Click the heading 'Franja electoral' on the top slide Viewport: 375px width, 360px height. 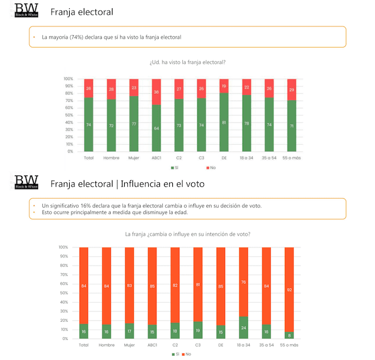(82, 12)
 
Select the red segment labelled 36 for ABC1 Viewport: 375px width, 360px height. (156, 92)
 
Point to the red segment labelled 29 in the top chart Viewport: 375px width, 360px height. (292, 89)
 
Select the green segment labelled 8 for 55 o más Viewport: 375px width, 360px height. (289, 335)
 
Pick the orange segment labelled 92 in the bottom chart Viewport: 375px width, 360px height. (289, 289)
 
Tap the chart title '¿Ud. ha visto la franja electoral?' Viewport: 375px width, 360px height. (187, 62)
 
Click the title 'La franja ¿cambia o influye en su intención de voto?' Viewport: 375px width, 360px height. (187, 234)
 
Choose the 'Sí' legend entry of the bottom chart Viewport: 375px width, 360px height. (175, 354)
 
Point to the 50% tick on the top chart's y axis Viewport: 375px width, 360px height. (69, 115)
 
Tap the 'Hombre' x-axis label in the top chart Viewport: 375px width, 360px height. (111, 158)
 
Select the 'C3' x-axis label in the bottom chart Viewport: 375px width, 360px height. (197, 345)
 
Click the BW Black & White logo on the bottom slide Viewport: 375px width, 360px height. (27, 182)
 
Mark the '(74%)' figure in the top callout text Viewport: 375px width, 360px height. (77, 37)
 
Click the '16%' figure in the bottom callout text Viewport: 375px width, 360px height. (80, 205)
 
